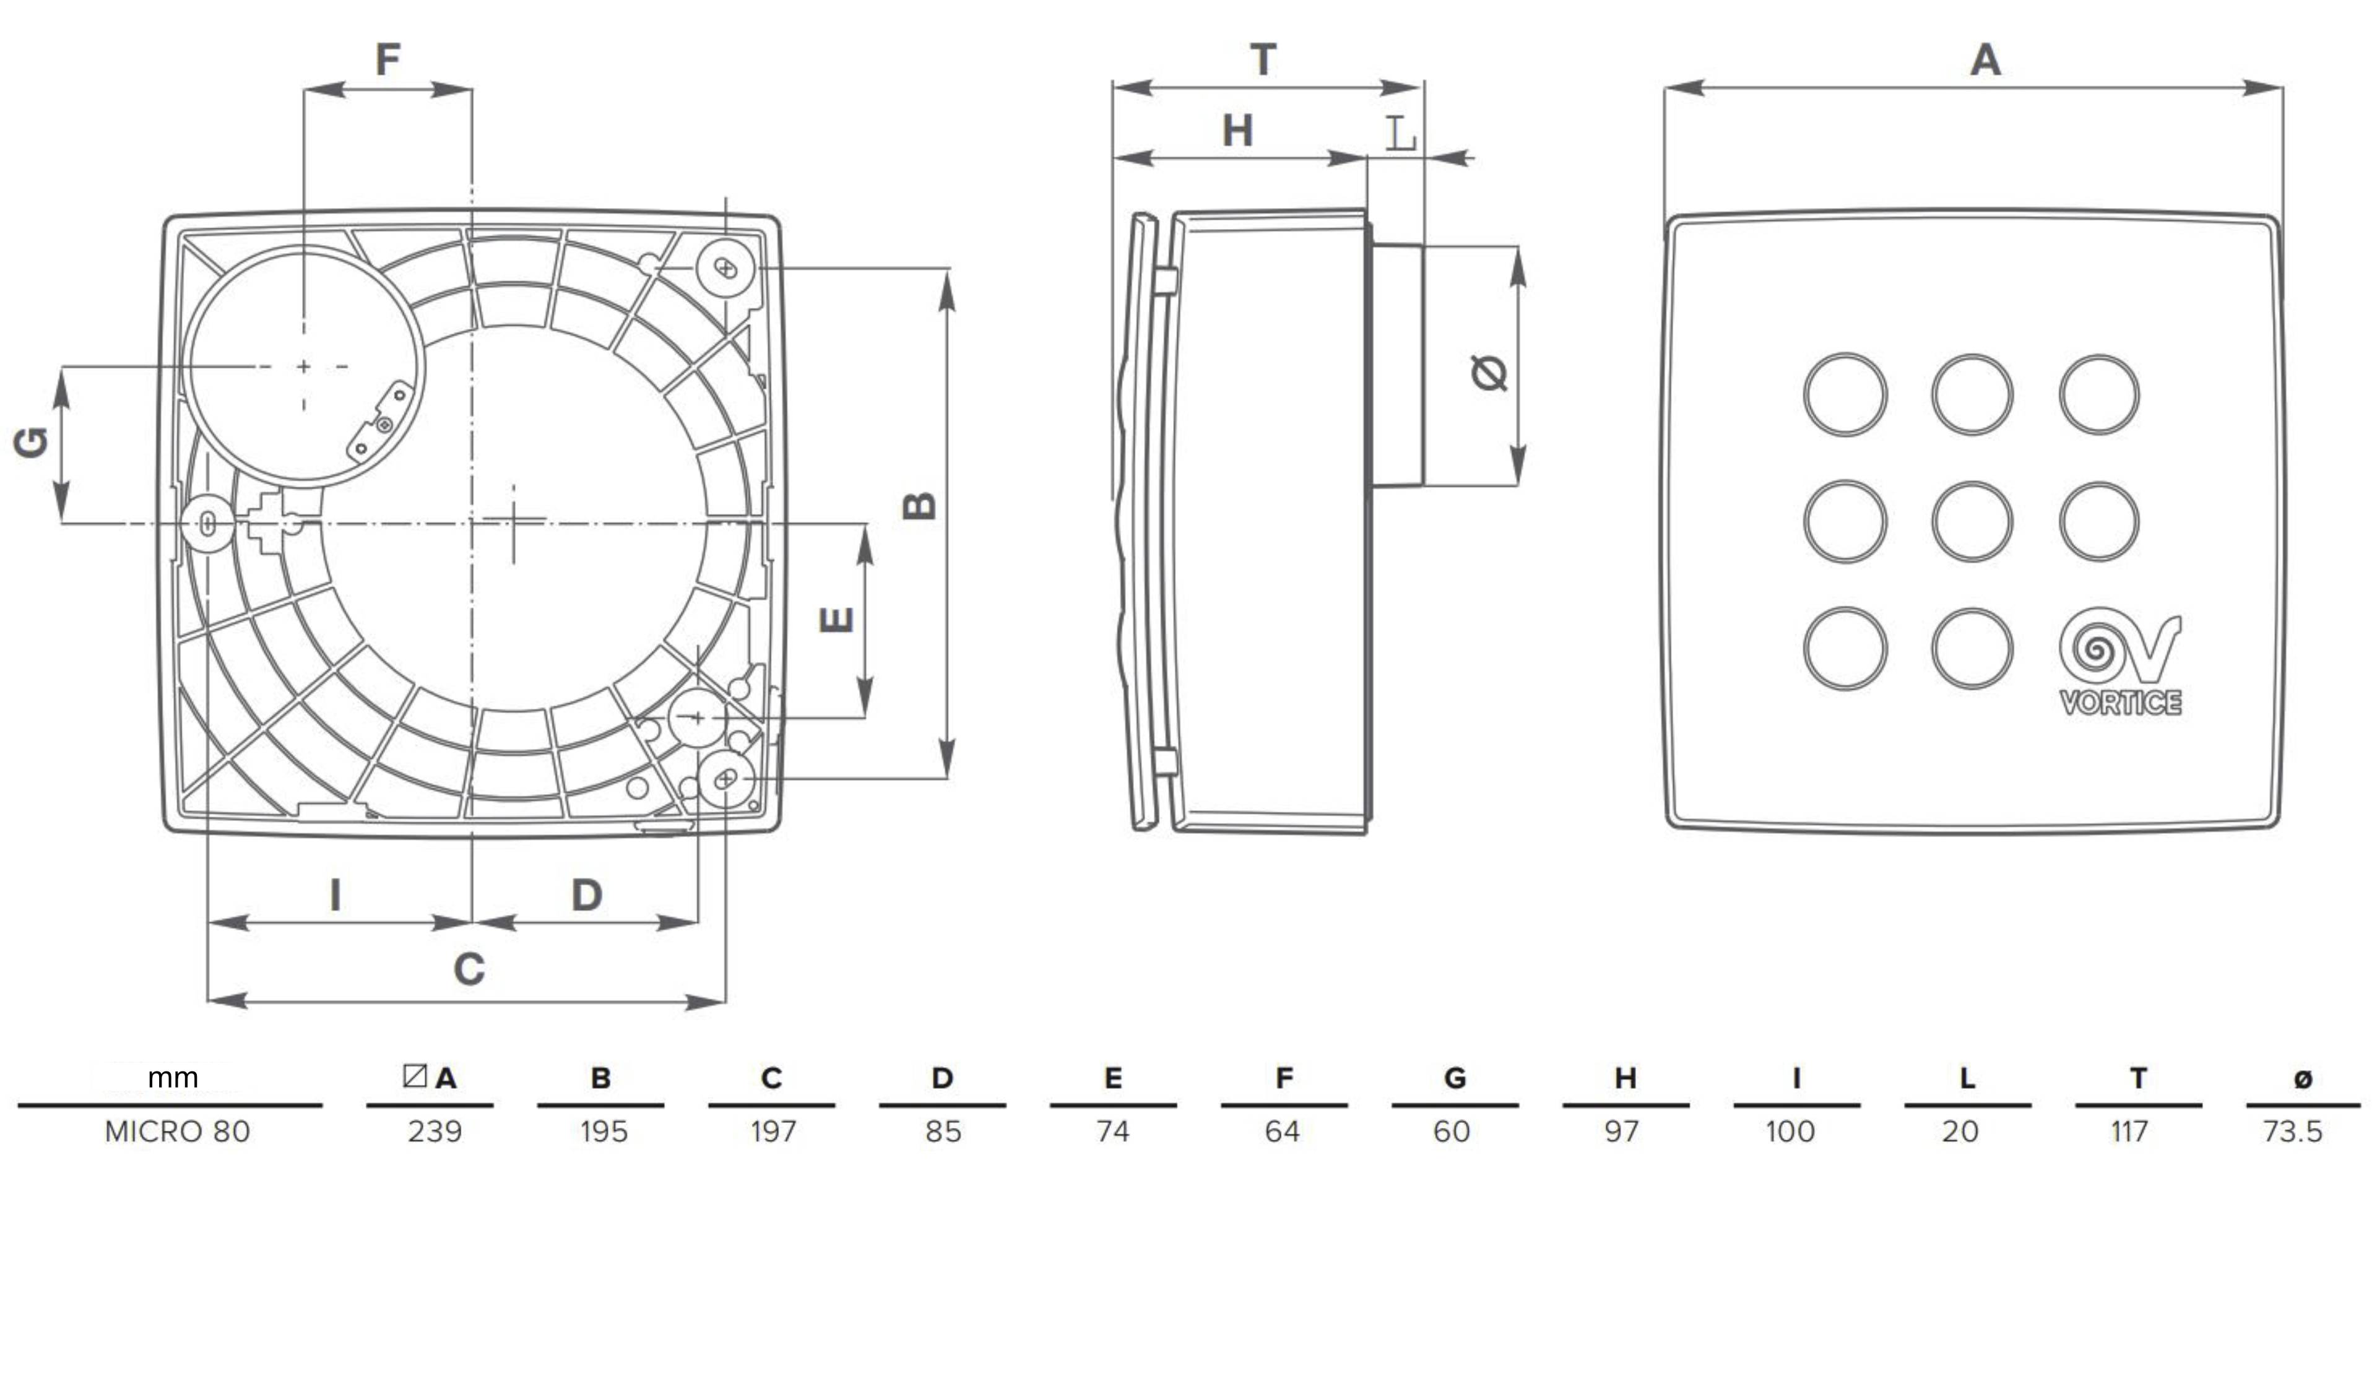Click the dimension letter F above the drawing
click(388, 59)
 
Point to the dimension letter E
click(836, 620)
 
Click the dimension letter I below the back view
click(335, 894)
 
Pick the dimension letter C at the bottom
click(469, 969)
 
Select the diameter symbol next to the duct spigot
click(1489, 373)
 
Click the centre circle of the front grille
click(1972, 522)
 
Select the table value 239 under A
click(434, 1131)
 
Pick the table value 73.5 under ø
click(2292, 1131)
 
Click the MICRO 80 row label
click(177, 1131)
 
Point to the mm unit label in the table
click(173, 1077)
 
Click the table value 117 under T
click(2129, 1131)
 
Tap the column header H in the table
click(1624, 1077)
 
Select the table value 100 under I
click(1790, 1131)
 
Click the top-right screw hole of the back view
click(725, 269)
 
